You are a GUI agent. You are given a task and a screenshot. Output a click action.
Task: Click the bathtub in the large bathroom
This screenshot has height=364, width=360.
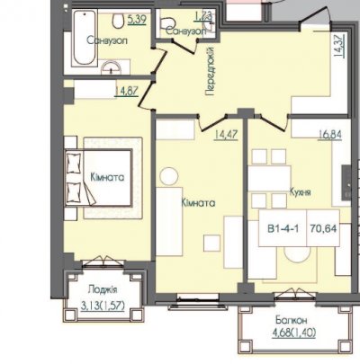[85, 38]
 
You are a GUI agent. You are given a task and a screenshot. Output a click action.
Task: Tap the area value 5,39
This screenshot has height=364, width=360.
[137, 20]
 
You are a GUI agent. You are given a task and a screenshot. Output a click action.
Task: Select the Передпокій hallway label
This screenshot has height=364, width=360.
[211, 71]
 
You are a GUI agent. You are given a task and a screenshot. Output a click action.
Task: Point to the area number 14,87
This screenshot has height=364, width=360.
[126, 91]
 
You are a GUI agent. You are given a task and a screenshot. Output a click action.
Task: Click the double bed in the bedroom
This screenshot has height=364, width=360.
[98, 177]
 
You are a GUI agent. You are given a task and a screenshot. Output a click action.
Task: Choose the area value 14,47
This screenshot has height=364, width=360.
[226, 134]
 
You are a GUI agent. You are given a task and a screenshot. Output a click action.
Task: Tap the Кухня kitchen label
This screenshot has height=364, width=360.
[301, 191]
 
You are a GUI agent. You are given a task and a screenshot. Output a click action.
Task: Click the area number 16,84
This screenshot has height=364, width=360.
[329, 135]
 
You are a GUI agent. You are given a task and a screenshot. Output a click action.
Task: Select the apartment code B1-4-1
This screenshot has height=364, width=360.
[283, 229]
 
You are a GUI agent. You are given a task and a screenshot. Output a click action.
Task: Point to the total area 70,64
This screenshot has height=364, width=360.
[323, 229]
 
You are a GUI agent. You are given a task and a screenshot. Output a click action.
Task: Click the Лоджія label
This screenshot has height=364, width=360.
[103, 290]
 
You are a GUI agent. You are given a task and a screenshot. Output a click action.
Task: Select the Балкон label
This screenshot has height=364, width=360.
[292, 321]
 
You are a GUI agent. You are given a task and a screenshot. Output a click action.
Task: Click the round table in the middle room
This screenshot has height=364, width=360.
[169, 176]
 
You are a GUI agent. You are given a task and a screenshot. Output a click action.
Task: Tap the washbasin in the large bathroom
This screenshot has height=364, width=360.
[112, 67]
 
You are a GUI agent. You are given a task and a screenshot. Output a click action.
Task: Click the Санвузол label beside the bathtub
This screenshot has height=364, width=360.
[107, 40]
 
